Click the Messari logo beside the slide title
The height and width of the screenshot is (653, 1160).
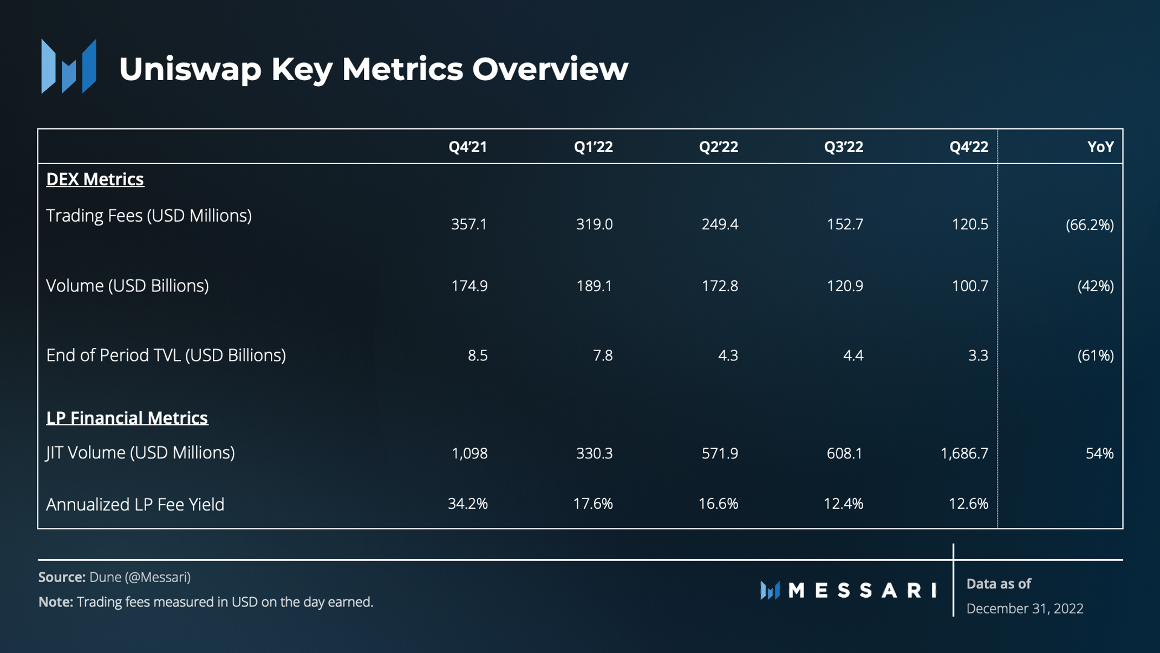69,66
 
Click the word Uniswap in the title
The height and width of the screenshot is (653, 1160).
190,69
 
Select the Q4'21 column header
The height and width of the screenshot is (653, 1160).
468,147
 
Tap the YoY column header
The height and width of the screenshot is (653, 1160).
1100,147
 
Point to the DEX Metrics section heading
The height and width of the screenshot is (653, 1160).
95,179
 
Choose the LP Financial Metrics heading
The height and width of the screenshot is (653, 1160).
127,418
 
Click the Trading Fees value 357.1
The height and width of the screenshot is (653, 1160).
469,224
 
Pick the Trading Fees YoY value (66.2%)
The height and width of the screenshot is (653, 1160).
1090,225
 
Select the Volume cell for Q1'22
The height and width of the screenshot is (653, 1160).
594,286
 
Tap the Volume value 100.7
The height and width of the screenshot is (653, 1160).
970,286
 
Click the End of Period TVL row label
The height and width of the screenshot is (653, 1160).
166,355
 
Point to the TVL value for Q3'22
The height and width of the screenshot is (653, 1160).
853,355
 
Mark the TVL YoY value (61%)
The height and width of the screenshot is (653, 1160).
1096,355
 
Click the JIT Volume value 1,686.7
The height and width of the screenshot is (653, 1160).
965,453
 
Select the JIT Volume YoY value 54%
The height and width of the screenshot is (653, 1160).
1100,453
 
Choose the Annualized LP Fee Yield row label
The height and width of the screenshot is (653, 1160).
135,505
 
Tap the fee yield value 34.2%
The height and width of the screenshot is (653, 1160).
468,503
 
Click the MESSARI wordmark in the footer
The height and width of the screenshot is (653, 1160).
863,590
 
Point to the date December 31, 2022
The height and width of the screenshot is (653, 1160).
1025,609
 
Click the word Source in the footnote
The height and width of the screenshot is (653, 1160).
62,577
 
